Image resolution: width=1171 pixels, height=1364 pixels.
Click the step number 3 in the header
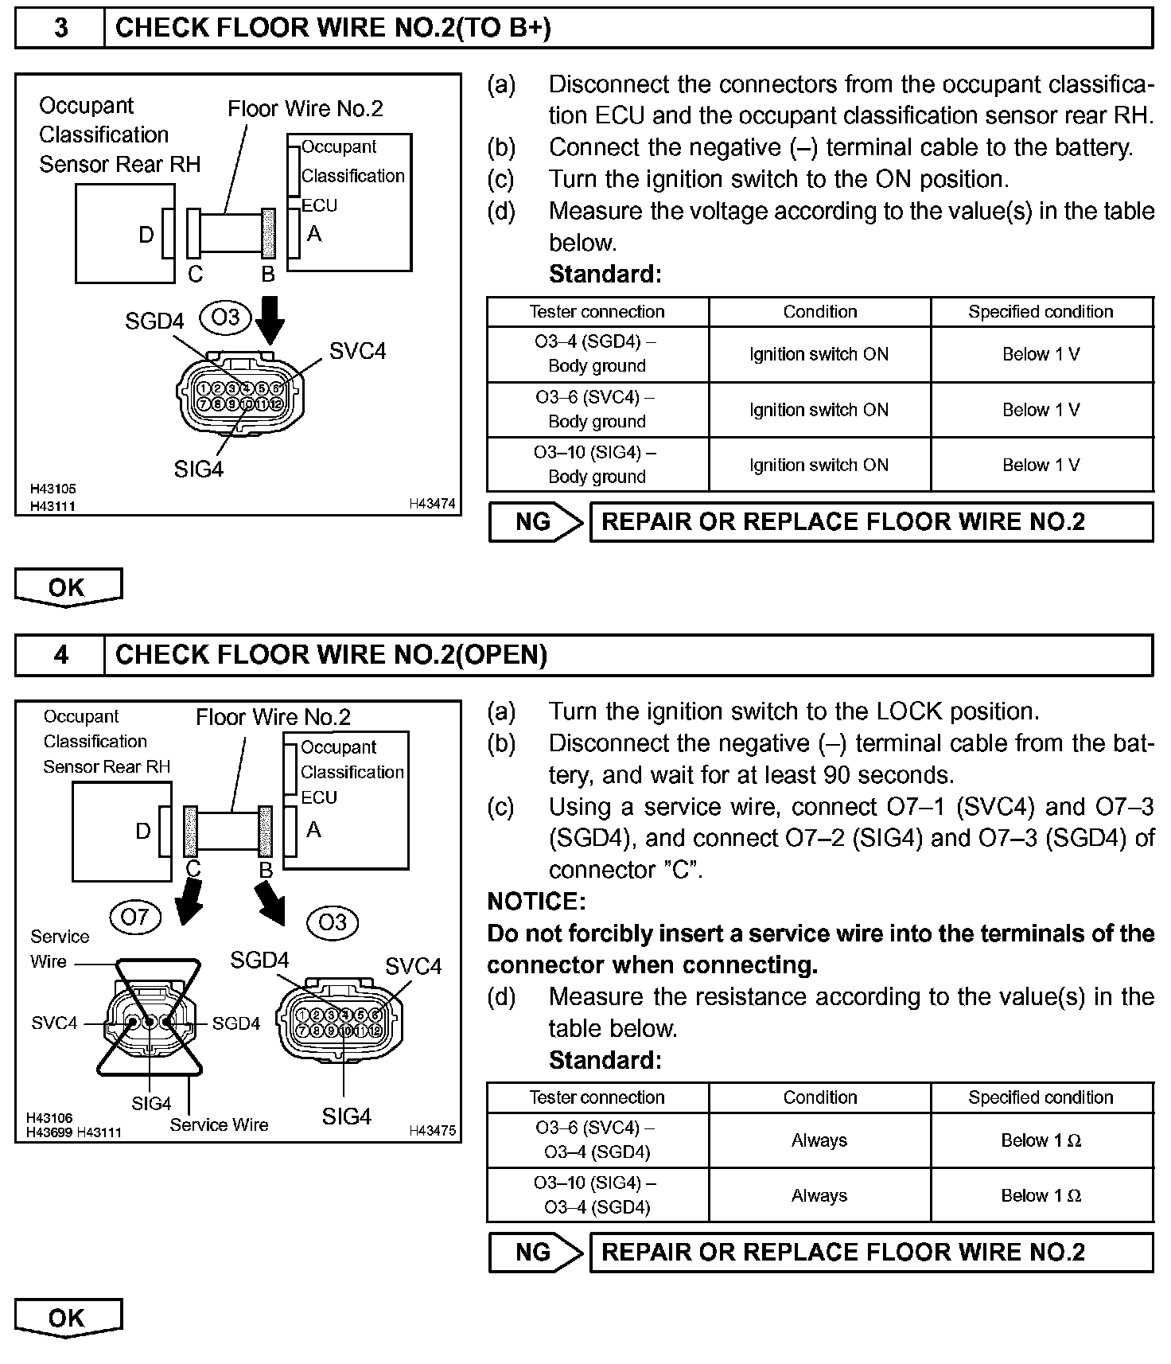tap(60, 29)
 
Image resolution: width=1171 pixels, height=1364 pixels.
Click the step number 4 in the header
tap(60, 655)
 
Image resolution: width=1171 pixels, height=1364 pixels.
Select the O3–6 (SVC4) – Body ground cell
tap(597, 409)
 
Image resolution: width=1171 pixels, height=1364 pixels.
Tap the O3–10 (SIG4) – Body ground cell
tap(597, 465)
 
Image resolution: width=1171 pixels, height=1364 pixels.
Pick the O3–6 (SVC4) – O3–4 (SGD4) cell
tap(597, 1140)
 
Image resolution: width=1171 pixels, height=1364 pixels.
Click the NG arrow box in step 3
tap(535, 522)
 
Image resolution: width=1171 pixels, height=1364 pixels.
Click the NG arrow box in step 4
tap(535, 1252)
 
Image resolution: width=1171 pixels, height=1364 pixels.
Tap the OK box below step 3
tap(68, 587)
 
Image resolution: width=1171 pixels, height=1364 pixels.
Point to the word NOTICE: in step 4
tap(536, 902)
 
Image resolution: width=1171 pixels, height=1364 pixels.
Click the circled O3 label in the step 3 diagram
tap(225, 318)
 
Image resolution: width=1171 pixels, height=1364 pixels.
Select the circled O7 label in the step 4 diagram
tap(134, 918)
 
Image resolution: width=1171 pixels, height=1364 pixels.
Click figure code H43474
tap(432, 504)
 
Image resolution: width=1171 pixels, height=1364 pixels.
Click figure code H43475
tap(432, 1130)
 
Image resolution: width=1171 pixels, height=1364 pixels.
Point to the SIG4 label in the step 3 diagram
tap(199, 470)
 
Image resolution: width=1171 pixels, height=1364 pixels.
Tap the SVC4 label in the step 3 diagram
tap(357, 351)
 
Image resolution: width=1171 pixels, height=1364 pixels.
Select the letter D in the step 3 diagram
tap(146, 235)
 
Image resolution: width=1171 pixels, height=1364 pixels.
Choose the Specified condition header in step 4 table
tap(1041, 1097)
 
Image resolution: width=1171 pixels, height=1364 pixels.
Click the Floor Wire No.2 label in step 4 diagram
tap(273, 717)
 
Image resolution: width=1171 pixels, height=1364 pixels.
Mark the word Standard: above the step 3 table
tap(605, 275)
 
